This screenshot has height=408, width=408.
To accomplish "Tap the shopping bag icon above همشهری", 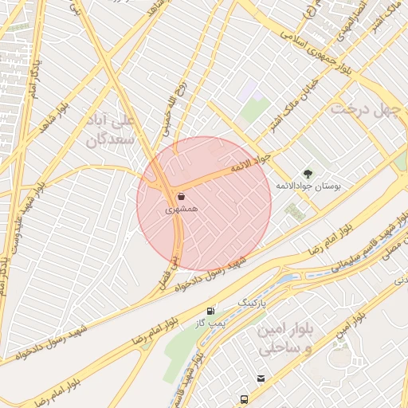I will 182,196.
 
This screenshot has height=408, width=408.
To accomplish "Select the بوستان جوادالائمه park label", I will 308,185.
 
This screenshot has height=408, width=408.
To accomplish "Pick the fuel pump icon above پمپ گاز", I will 210,312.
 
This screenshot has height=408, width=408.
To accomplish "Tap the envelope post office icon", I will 260,379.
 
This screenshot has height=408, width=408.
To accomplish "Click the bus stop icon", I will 243,398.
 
